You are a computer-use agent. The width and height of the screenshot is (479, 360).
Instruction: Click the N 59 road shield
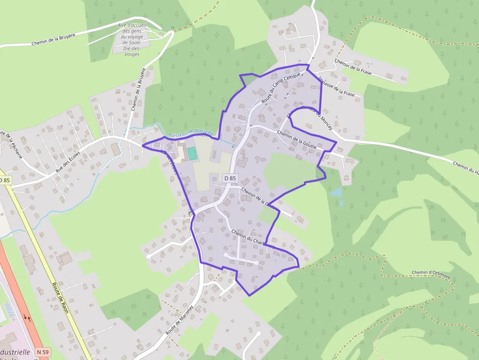[43, 352]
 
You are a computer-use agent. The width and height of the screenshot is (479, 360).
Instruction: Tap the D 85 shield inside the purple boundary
[230, 178]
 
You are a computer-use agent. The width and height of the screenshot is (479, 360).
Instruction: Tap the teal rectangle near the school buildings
[193, 153]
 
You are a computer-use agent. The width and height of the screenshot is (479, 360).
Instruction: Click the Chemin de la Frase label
[353, 67]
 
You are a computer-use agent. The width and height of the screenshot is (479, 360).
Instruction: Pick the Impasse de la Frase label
[335, 86]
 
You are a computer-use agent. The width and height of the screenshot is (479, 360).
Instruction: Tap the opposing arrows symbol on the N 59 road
[28, 318]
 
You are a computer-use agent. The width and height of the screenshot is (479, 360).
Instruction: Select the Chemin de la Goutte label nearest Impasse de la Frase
[297, 139]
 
